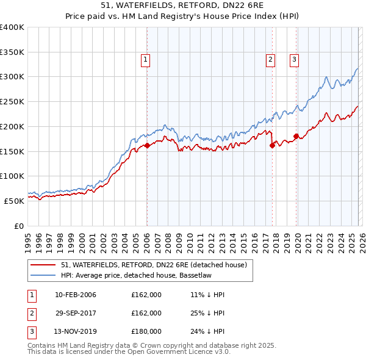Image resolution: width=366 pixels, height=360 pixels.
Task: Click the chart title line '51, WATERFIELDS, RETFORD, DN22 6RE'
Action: tap(182, 5)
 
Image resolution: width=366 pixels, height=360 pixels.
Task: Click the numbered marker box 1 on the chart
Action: tap(146, 60)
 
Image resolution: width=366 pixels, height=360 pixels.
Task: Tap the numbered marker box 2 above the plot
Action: tap(270, 60)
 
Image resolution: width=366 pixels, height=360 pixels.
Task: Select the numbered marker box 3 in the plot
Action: tap(294, 60)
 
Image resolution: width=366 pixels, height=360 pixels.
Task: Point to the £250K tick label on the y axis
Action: tap(12, 102)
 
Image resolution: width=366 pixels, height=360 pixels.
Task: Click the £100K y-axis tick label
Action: tap(12, 176)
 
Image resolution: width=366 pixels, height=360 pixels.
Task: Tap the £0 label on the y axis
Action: tap(20, 225)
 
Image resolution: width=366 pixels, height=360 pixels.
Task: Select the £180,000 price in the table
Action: tap(146, 331)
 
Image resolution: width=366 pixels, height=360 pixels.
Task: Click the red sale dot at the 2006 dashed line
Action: tap(147, 146)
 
